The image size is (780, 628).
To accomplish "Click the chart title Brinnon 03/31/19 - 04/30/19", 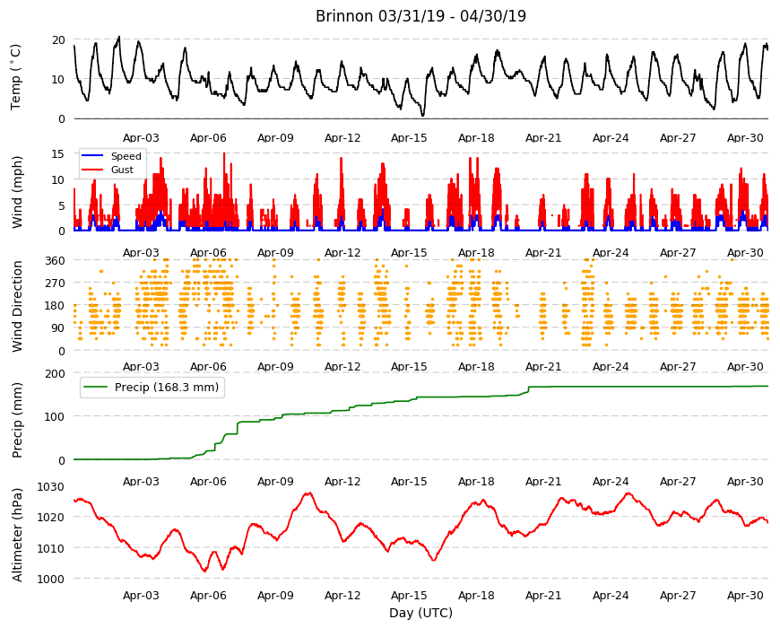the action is pos(420,16).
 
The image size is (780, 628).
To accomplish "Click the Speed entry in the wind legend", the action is pos(126,156).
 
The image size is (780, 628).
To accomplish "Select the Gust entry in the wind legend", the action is pos(122,170).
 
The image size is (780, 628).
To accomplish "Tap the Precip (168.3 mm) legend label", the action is pos(167,388).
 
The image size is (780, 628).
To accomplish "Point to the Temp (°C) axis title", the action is pos(16,77).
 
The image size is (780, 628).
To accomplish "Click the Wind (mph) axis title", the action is pos(17,192).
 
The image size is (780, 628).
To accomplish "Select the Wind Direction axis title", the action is pos(17,306).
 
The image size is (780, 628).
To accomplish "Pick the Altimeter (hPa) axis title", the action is pos(17,535).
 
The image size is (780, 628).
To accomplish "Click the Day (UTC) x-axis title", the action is pos(420,613).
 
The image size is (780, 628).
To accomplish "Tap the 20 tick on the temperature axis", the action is pos(58,39).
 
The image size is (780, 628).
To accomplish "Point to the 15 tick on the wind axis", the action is pos(58,154).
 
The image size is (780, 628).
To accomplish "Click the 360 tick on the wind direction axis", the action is pos(56,261).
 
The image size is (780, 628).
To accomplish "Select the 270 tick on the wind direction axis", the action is pos(56,283).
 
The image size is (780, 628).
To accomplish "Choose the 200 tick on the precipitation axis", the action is pos(56,373).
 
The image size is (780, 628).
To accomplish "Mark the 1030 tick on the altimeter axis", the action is pos(52,486).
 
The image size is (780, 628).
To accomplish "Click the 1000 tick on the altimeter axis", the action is pos(52,579).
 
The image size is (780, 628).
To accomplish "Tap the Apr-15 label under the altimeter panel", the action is pos(409,595).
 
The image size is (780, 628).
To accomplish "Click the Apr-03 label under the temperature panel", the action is pos(141,138).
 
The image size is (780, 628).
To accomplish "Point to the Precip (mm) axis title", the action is pos(17,421).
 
